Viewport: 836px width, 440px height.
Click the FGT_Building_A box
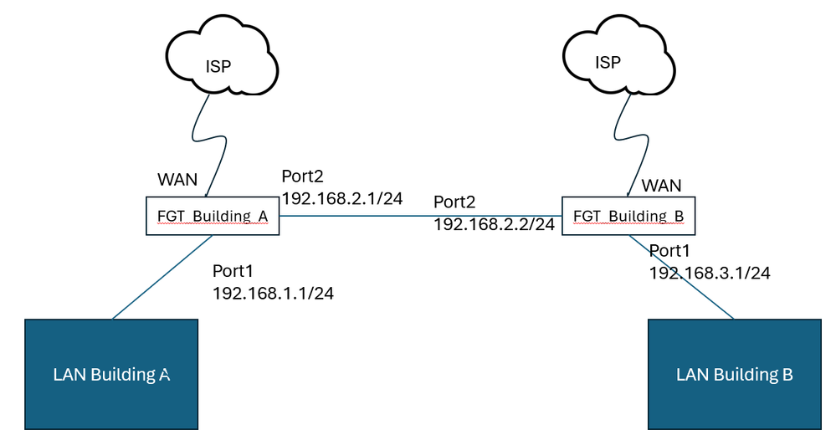coord(212,216)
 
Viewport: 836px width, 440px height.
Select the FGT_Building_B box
coord(628,216)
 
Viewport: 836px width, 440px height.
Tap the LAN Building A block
coord(111,374)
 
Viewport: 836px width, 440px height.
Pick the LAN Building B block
coord(734,374)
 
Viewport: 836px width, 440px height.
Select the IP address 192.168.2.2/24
coord(494,223)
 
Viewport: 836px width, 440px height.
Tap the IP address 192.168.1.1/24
coord(273,294)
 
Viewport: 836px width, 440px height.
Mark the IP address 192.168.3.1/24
coord(710,272)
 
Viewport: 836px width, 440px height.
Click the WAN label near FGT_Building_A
coord(177,180)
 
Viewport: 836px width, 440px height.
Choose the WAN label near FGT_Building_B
coord(661,186)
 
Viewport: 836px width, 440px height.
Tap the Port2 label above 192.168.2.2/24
coord(454,202)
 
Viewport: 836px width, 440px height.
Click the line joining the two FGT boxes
coord(418,215)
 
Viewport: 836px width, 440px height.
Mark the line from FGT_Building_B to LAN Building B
coord(682,277)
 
